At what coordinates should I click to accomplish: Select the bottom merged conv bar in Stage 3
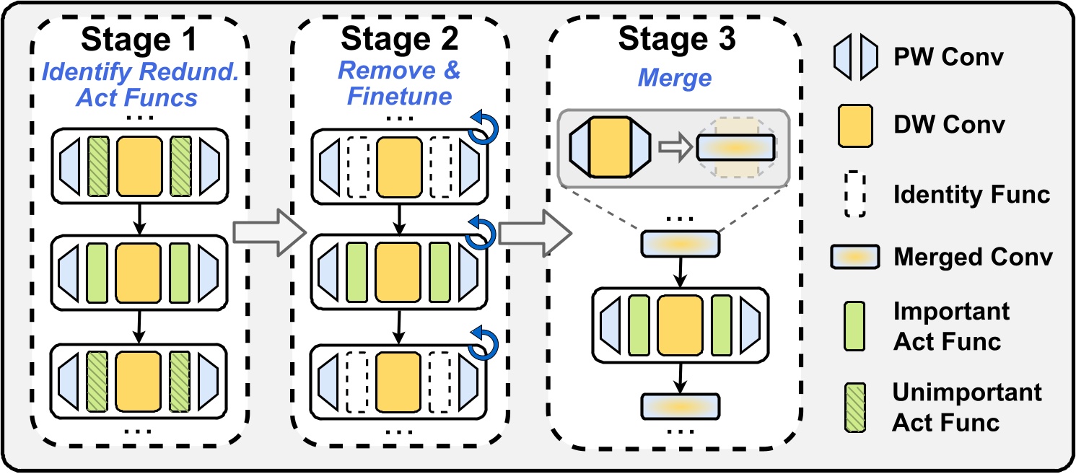[x=680, y=405]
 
